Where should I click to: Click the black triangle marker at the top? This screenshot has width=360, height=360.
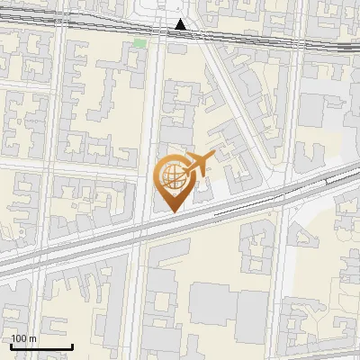(182, 24)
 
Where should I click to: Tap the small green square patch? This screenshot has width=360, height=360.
(139, 42)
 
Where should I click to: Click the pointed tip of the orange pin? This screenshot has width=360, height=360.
(172, 211)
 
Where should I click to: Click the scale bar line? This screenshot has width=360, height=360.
(41, 347)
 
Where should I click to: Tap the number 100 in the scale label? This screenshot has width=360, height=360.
(20, 339)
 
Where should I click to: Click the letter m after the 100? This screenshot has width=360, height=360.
(33, 339)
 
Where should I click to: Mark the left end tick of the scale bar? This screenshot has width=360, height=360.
(11, 346)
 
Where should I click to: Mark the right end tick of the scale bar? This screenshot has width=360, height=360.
(72, 346)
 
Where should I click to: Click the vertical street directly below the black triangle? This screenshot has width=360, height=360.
(153, 108)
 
